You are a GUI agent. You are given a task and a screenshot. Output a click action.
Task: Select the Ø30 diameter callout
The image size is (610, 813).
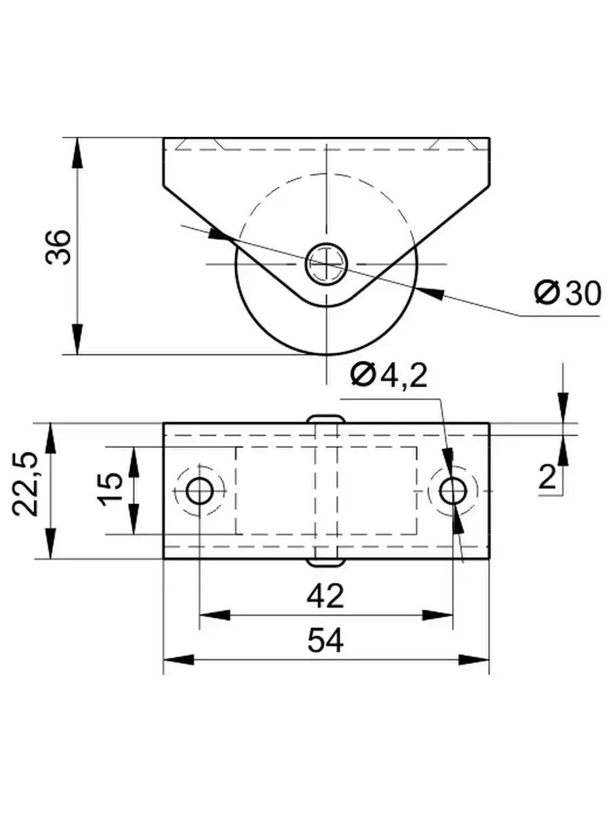click(x=567, y=293)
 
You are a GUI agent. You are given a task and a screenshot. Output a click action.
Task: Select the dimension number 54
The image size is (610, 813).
click(x=325, y=640)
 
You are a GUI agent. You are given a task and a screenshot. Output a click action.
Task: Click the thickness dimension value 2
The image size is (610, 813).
click(x=548, y=477)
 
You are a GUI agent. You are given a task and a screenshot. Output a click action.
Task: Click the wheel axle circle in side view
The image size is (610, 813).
click(x=326, y=263)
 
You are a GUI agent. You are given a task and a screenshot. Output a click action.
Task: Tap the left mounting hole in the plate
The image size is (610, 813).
click(x=199, y=491)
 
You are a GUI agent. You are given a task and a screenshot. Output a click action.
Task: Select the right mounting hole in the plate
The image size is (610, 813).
click(x=452, y=491)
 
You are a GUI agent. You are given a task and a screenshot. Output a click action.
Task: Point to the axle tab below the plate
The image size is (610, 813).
click(x=325, y=562)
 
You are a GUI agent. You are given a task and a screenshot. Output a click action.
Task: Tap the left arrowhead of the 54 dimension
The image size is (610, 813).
click(x=178, y=660)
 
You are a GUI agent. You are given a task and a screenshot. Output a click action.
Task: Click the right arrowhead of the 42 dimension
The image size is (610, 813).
click(x=439, y=615)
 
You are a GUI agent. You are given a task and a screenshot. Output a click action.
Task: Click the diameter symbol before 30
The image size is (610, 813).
click(x=546, y=293)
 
